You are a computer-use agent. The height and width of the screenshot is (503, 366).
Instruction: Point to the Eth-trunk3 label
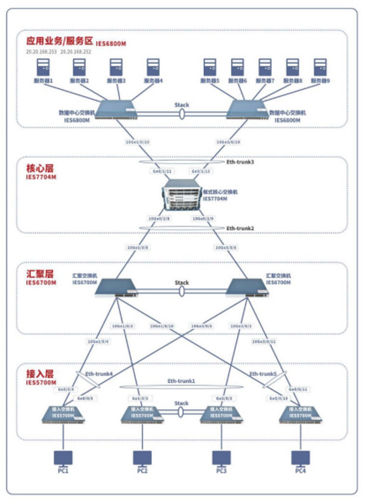240,162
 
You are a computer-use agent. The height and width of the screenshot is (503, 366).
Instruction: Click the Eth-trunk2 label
240,228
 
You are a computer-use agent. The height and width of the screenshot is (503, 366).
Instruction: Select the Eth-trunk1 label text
181,381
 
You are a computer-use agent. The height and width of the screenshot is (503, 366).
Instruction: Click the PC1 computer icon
63,457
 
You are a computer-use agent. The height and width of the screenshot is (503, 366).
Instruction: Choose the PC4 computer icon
300,457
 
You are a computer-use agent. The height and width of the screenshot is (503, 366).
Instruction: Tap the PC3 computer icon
221,457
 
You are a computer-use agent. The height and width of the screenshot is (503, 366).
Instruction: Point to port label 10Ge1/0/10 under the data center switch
138,142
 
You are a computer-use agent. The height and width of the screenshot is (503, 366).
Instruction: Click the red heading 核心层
40,168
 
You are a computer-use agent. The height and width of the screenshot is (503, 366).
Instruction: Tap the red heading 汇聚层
40,273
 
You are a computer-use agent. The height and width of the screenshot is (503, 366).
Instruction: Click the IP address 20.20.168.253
41,52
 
